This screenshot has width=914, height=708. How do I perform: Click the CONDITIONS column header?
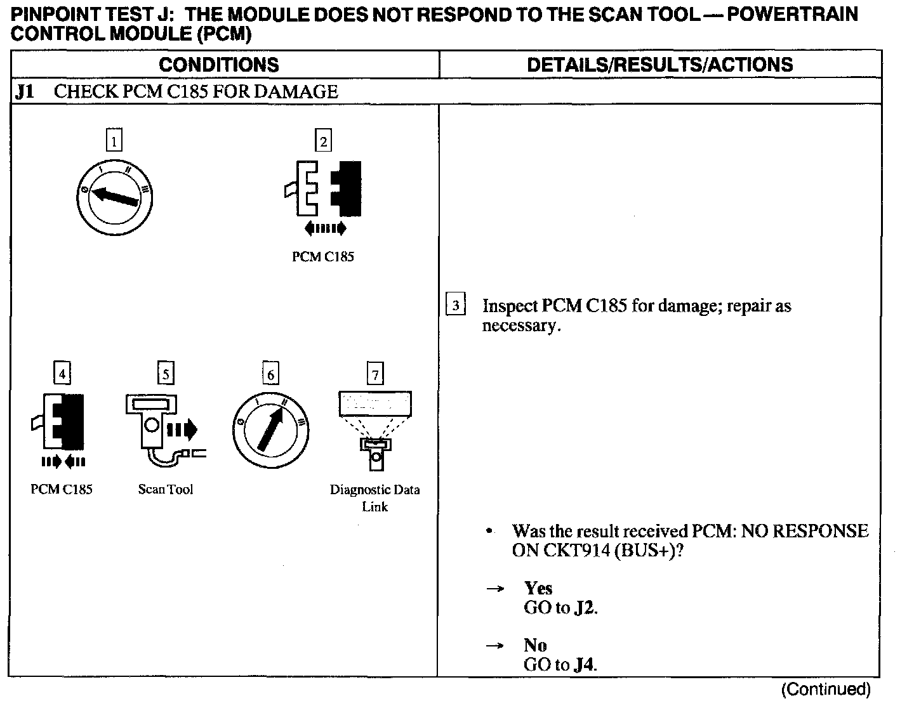218,65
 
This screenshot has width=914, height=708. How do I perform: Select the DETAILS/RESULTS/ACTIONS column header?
659,65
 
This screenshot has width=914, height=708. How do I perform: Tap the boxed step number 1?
114,141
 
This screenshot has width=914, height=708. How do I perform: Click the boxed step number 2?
323,141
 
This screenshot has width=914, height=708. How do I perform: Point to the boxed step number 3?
456,306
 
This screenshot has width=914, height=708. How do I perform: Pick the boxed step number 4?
62,374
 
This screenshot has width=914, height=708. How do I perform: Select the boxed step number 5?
165,374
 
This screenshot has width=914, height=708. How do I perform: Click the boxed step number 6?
270,374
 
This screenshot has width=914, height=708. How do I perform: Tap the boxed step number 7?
375,374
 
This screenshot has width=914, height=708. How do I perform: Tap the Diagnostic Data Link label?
374,498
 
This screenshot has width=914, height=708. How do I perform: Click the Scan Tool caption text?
166,489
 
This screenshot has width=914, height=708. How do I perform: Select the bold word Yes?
538,588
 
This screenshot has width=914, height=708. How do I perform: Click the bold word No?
535,645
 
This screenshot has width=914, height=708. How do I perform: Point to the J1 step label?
25,92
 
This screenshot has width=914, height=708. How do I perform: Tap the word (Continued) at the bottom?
825,689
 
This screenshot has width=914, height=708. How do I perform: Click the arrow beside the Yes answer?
495,589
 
